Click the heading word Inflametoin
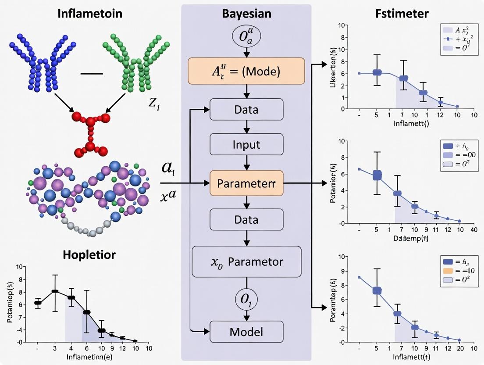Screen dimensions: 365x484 [x=90, y=13]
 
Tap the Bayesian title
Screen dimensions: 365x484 [x=246, y=13]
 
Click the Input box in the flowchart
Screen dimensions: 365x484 [x=246, y=145]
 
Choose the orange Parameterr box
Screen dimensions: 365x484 [x=246, y=183]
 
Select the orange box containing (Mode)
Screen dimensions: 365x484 [x=246, y=71]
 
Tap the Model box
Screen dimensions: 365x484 [x=246, y=332]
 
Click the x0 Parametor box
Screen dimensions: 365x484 [x=246, y=262]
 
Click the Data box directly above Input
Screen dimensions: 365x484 [x=246, y=109]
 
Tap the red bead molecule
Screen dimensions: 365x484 [x=91, y=132]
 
